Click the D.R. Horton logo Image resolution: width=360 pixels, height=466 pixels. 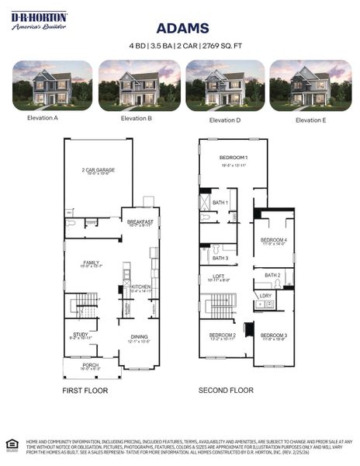pyautogui.click(x=39, y=21)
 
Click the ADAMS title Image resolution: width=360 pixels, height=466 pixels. pyautogui.click(x=182, y=28)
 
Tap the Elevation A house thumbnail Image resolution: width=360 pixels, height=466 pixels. pyautogui.click(x=52, y=85)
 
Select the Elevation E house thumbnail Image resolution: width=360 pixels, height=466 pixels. pyautogui.click(x=309, y=85)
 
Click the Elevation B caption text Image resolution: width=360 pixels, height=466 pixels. pyautogui.click(x=137, y=119)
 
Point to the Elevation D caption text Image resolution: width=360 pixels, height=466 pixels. pyautogui.click(x=224, y=120)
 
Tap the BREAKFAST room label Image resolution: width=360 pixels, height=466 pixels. pyautogui.click(x=140, y=221)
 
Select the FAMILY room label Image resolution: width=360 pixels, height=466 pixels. pyautogui.click(x=92, y=262)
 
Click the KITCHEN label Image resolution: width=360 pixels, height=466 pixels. pyautogui.click(x=141, y=287)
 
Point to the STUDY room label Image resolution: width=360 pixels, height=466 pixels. pyautogui.click(x=81, y=334)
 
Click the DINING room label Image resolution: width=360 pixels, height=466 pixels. pyautogui.click(x=139, y=336)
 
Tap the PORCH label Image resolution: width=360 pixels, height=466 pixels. pyautogui.click(x=91, y=365)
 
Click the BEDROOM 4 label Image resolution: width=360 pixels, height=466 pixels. pyautogui.click(x=273, y=240)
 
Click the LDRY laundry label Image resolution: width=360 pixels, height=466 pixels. pyautogui.click(x=265, y=295)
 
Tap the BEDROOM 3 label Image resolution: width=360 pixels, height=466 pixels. pyautogui.click(x=274, y=335)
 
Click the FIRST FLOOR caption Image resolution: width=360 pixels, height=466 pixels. pyautogui.click(x=85, y=390)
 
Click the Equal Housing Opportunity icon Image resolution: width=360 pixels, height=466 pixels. pyautogui.click(x=11, y=444)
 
